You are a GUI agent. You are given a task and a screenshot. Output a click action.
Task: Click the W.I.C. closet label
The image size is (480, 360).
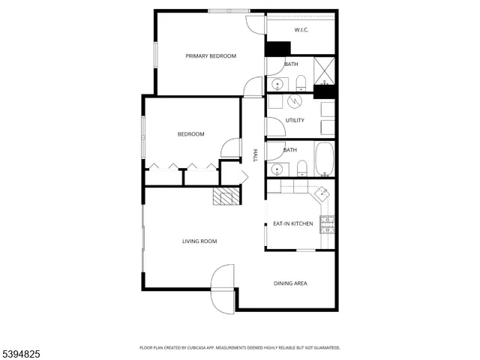301,30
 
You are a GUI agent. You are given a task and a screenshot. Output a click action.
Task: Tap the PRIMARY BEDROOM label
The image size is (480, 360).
211,56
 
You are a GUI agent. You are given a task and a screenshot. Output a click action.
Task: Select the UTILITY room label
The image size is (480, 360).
295,120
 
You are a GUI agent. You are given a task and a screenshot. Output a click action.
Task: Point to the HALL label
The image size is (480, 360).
255,155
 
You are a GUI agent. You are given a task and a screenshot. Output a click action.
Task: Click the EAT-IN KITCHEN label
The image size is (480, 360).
292,223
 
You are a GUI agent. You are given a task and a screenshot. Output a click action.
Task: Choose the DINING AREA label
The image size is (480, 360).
290,283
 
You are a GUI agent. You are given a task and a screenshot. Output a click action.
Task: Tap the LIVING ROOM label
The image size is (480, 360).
199,241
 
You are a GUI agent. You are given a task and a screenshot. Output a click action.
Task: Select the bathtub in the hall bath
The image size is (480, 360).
324,159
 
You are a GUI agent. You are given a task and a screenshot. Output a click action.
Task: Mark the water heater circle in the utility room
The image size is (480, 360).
296,100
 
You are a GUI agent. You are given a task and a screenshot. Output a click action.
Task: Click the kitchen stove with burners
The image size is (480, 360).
327,224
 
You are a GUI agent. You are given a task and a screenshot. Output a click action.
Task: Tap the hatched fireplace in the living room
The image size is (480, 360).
226,196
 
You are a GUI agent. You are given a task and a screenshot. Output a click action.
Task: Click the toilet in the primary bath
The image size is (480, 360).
300,82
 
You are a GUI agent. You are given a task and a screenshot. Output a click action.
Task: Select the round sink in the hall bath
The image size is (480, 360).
276,168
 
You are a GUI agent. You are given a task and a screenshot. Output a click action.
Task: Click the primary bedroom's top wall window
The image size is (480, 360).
229,10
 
